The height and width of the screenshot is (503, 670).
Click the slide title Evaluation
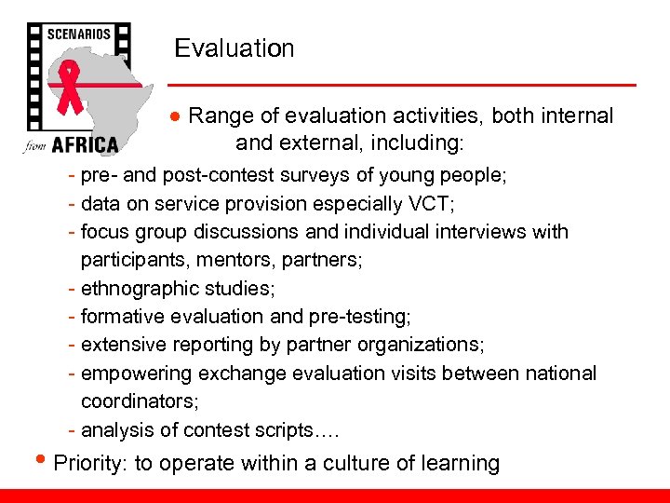[x=234, y=48]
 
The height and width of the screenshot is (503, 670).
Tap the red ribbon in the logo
[x=70, y=89]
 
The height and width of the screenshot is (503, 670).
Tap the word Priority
[x=90, y=463]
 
